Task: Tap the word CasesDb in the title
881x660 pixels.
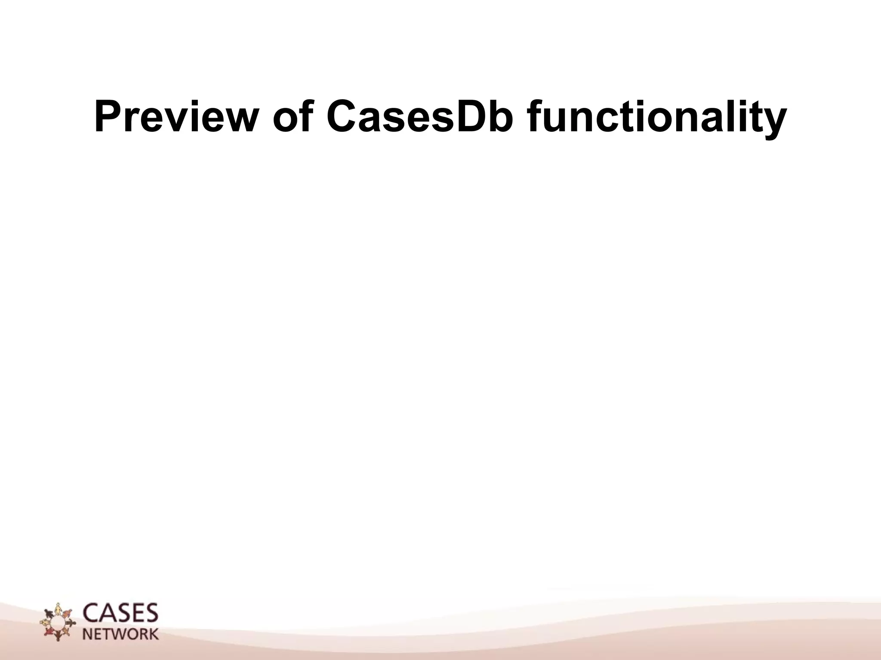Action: pos(419,117)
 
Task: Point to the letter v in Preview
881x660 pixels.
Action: pos(170,120)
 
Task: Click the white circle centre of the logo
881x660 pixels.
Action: pos(58,623)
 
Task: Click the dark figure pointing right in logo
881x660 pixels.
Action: pos(71,623)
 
